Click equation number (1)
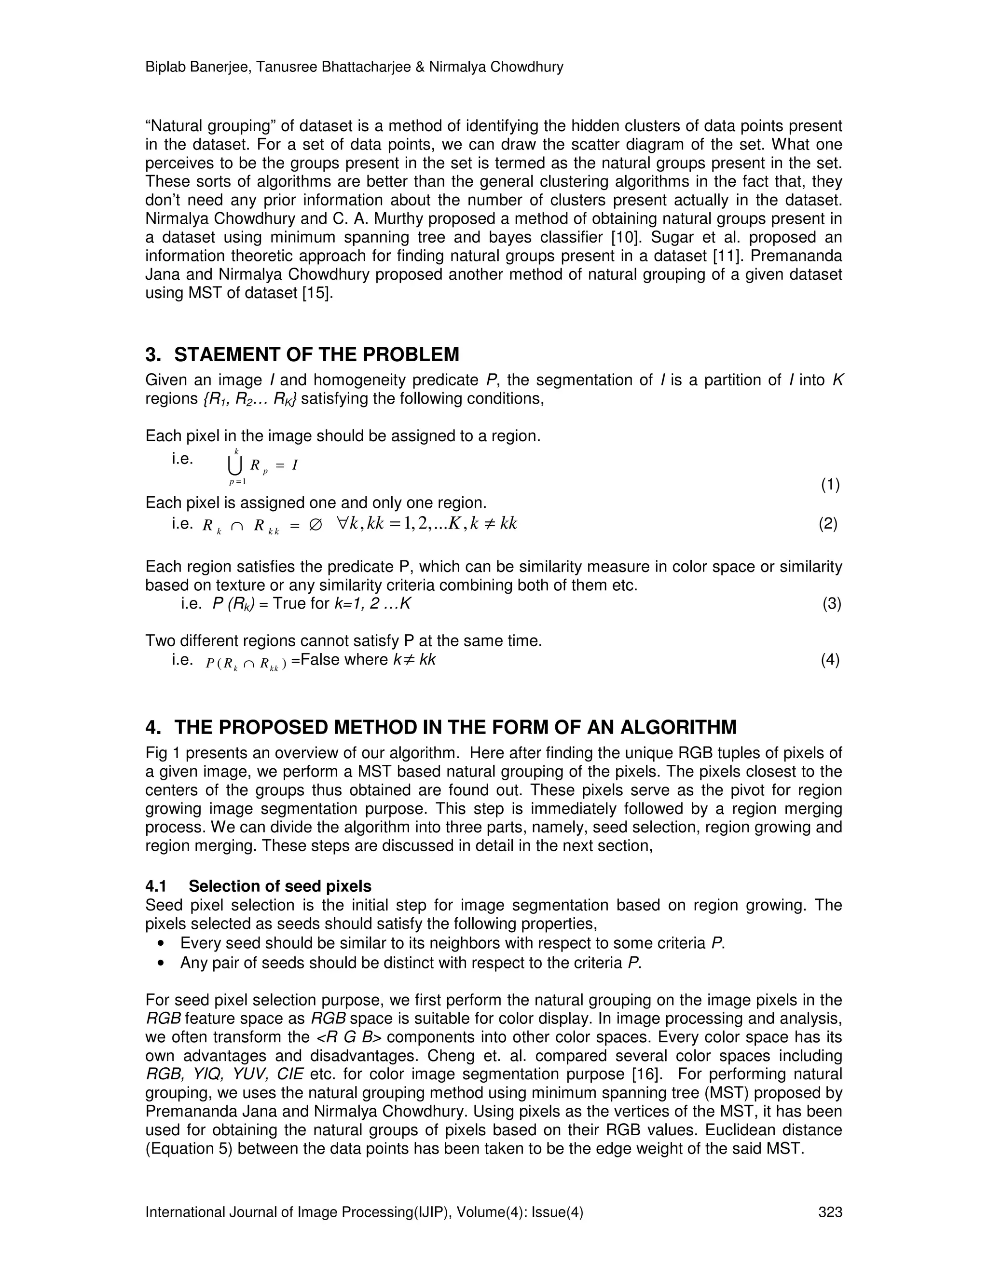point(830,485)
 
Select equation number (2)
point(828,523)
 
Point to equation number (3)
point(832,603)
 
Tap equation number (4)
point(830,660)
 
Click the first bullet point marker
point(162,944)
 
